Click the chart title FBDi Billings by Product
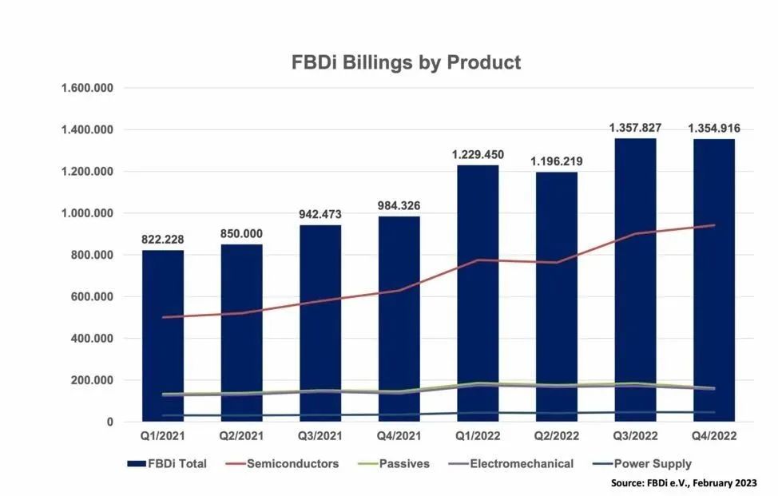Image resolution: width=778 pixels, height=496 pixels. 407,62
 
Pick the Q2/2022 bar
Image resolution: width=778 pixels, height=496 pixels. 557,296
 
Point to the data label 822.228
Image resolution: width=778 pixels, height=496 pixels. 163,240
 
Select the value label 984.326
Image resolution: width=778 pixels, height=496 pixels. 399,206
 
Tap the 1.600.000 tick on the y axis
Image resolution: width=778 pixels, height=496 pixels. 87,88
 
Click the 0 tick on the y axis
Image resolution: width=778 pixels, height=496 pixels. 110,422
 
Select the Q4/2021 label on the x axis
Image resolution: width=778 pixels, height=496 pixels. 399,437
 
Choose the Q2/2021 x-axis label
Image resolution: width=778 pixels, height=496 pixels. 241,437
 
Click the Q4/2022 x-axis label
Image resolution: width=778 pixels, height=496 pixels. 714,437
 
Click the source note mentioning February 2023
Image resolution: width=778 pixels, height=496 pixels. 683,483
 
